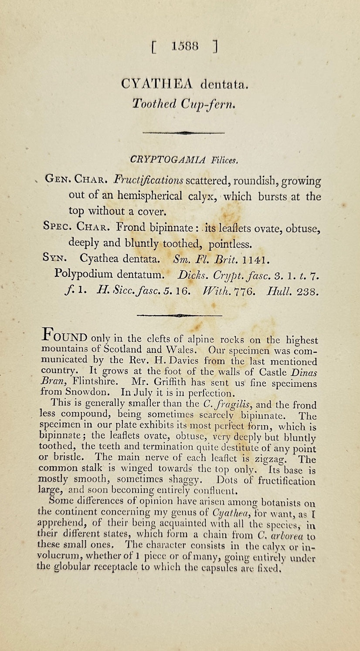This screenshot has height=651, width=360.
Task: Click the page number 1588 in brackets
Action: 184,46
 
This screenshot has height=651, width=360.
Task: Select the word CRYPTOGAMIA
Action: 168,160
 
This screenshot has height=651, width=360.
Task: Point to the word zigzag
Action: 270,459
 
